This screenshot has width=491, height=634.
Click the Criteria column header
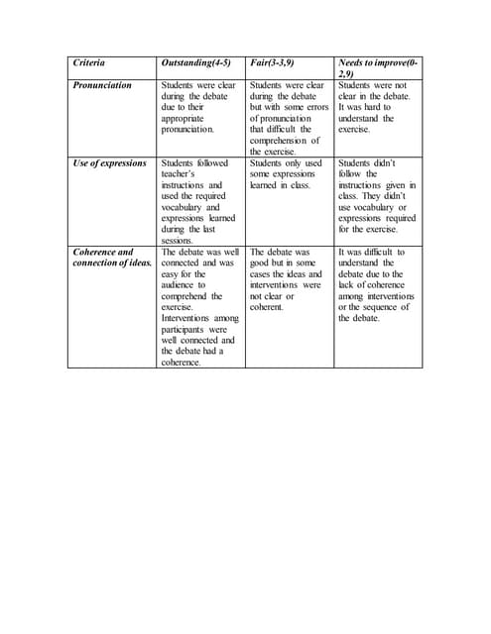[88, 62]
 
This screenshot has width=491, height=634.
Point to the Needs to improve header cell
[378, 67]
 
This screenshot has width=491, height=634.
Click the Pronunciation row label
[102, 85]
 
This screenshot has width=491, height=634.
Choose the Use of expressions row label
[109, 162]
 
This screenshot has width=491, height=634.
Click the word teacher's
[181, 173]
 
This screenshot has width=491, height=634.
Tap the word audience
[181, 285]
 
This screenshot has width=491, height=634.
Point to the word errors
[316, 107]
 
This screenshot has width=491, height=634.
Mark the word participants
[186, 329]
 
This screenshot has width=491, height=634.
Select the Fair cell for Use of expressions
[287, 173]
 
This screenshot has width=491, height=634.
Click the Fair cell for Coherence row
[287, 279]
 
